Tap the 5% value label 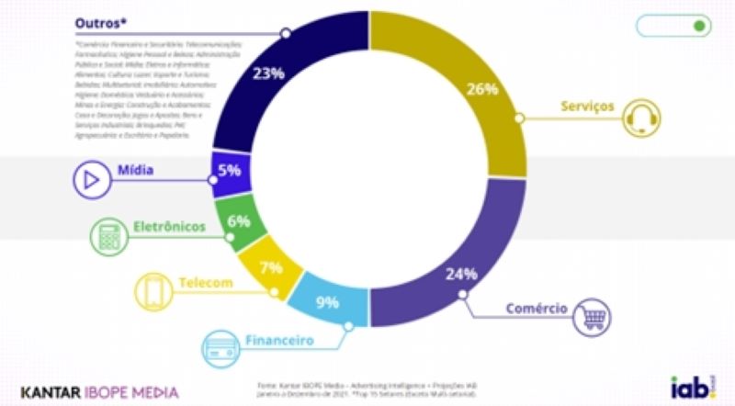[x=230, y=170]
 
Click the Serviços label [x=585, y=107]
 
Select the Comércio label [x=536, y=308]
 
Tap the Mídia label [x=135, y=170]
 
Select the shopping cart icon [x=591, y=317]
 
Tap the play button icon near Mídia [x=90, y=180]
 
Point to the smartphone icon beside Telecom [x=153, y=292]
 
